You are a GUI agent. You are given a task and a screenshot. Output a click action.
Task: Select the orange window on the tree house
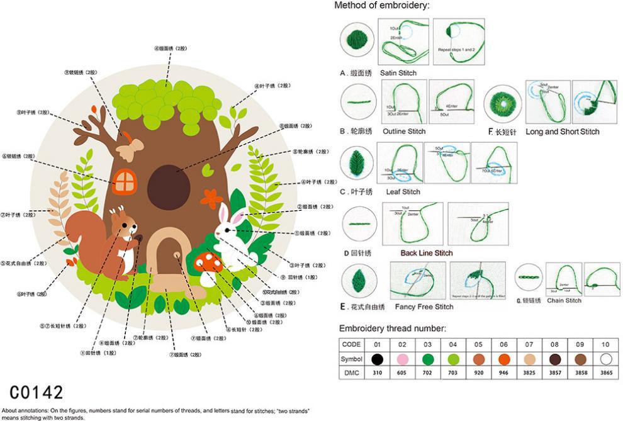[x=125, y=181]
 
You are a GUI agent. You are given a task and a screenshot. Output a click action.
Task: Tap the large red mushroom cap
[x=207, y=259]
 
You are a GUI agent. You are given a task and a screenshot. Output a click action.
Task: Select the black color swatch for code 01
[x=377, y=359]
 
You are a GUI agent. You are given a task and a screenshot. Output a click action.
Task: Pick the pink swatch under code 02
[x=402, y=359]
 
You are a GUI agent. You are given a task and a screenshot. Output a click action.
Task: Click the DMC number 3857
[x=554, y=373]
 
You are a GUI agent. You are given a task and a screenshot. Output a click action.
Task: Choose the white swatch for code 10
[x=605, y=359]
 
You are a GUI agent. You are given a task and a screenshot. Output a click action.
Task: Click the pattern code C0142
[x=37, y=392]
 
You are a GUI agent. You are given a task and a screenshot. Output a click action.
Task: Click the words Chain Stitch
[x=564, y=300]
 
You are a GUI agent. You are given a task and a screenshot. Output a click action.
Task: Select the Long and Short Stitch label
[x=562, y=132]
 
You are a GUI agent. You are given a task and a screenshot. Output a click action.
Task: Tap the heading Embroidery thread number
[x=393, y=328]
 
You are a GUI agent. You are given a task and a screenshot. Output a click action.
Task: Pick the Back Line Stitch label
[x=426, y=253]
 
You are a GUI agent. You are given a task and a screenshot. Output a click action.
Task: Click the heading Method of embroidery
[x=381, y=6]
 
